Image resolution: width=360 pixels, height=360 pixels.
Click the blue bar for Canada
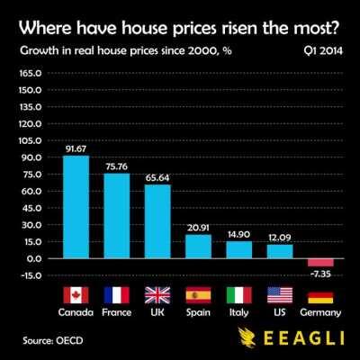[x=76, y=207]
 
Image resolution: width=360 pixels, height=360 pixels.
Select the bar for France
[x=117, y=216]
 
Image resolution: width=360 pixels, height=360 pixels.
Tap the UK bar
[x=158, y=220]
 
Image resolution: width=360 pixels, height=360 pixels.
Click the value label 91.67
[x=76, y=149]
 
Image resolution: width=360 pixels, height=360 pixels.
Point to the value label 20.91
[x=199, y=229]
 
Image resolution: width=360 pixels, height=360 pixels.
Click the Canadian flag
[x=76, y=295]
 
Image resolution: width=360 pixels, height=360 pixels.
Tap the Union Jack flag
[x=158, y=295]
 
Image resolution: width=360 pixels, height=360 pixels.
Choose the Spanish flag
[x=199, y=295]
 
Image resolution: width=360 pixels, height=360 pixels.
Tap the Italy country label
[x=239, y=312]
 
